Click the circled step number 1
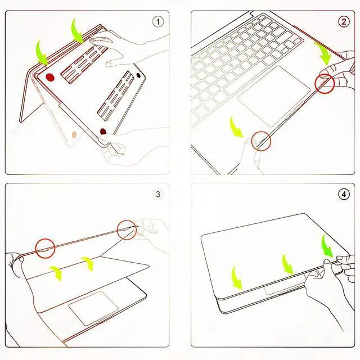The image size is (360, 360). click(x=159, y=22)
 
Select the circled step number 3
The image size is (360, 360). click(x=159, y=195)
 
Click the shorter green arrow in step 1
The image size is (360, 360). click(x=42, y=52)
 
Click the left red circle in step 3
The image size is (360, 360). click(x=45, y=248)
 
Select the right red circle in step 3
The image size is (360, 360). click(x=127, y=229)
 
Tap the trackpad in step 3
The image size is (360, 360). click(x=94, y=307)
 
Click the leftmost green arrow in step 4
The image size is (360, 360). click(x=237, y=277)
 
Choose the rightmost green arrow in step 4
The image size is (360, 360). click(x=327, y=247)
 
